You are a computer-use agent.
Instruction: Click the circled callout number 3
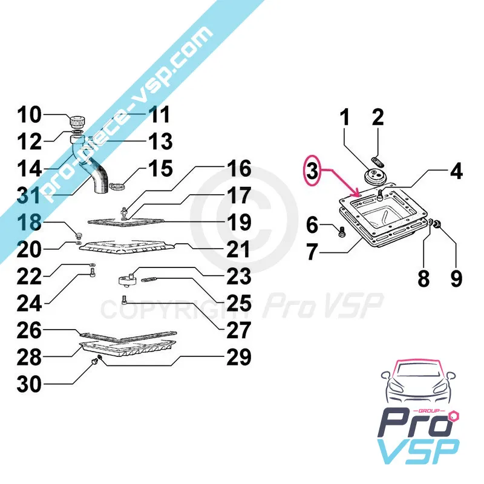click(x=312, y=171)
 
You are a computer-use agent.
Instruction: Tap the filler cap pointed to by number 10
click(x=77, y=122)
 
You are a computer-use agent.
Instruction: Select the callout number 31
click(x=28, y=195)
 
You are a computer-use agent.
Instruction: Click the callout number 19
click(x=239, y=222)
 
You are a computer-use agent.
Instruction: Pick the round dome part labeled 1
click(x=373, y=176)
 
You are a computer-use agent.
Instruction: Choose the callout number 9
click(x=456, y=278)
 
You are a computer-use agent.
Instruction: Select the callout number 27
click(x=238, y=330)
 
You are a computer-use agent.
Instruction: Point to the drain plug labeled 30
click(x=96, y=361)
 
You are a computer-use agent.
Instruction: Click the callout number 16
click(x=239, y=169)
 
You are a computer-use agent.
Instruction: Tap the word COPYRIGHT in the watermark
click(x=175, y=310)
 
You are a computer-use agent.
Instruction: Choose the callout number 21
click(x=238, y=249)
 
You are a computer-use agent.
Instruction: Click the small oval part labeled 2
click(x=377, y=162)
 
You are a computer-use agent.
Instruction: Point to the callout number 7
click(x=312, y=252)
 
